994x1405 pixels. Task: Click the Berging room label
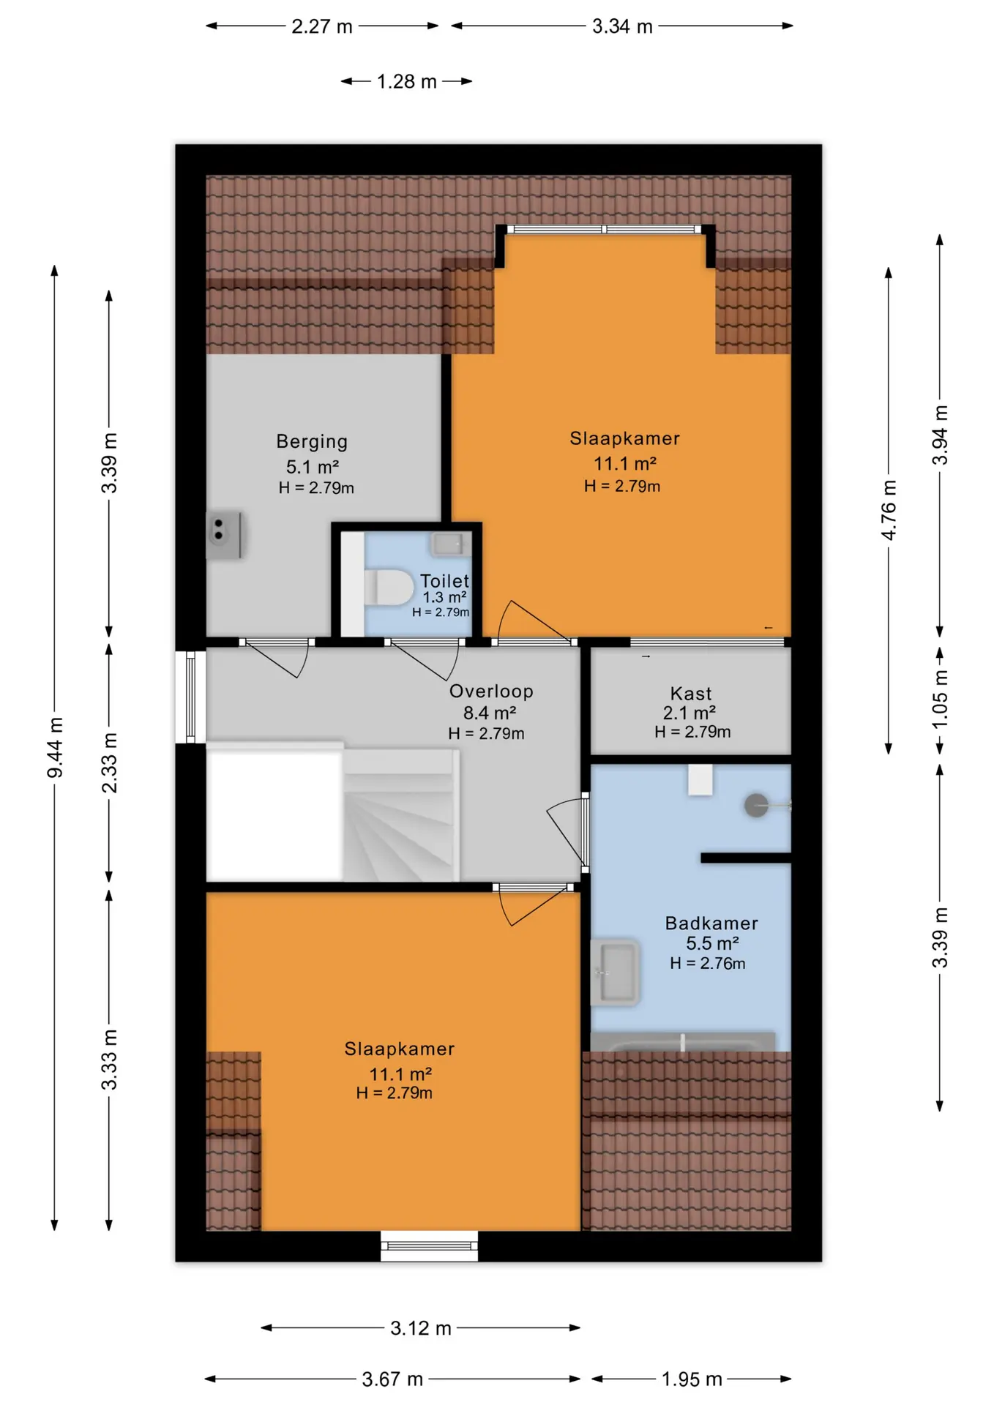click(312, 441)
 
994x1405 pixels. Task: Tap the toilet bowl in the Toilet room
click(389, 587)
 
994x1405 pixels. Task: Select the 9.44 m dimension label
click(55, 748)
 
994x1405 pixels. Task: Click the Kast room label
click(691, 693)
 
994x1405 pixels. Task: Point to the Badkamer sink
click(615, 973)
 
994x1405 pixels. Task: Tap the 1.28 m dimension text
click(406, 81)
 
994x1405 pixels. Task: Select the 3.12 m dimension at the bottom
click(421, 1327)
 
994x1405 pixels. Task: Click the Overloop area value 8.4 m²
click(490, 712)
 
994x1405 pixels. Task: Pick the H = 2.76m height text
click(708, 963)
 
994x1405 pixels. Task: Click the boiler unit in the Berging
click(224, 535)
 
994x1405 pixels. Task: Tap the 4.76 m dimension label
click(889, 510)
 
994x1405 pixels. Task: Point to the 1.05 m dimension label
click(940, 699)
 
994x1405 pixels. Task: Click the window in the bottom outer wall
click(429, 1246)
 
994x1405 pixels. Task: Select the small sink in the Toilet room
click(448, 544)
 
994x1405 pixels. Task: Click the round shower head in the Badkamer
click(756, 805)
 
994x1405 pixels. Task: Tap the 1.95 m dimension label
click(692, 1379)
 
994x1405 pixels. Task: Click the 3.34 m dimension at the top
click(622, 26)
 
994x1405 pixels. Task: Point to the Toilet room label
click(444, 580)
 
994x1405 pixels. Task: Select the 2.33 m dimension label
click(109, 763)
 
